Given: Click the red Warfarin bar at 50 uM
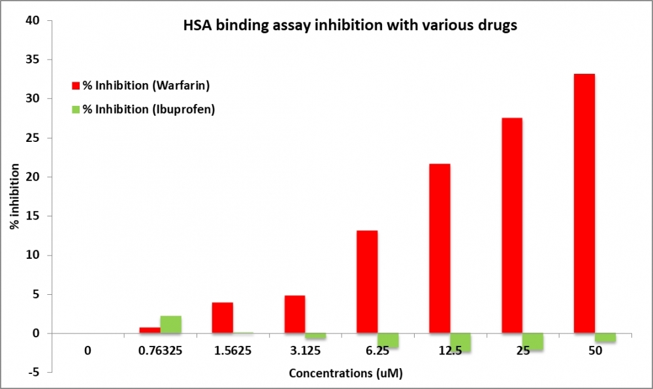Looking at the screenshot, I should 584,203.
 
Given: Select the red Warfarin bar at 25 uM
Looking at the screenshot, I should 511,226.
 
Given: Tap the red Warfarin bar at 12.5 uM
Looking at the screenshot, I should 439,248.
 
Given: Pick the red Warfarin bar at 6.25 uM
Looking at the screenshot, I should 367,282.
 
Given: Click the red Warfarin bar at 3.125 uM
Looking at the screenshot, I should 295,314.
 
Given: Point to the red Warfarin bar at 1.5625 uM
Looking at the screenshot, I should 222,318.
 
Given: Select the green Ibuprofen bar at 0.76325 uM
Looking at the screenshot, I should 170,325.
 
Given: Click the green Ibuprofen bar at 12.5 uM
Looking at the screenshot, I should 460,343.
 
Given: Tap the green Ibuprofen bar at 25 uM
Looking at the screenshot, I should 532,341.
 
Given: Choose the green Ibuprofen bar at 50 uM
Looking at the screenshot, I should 605,337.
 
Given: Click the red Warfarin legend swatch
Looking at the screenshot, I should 76,86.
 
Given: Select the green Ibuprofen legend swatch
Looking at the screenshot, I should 76,109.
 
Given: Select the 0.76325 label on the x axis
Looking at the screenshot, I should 159,351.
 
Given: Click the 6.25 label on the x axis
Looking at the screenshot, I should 377,351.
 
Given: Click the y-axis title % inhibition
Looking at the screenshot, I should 14,196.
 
